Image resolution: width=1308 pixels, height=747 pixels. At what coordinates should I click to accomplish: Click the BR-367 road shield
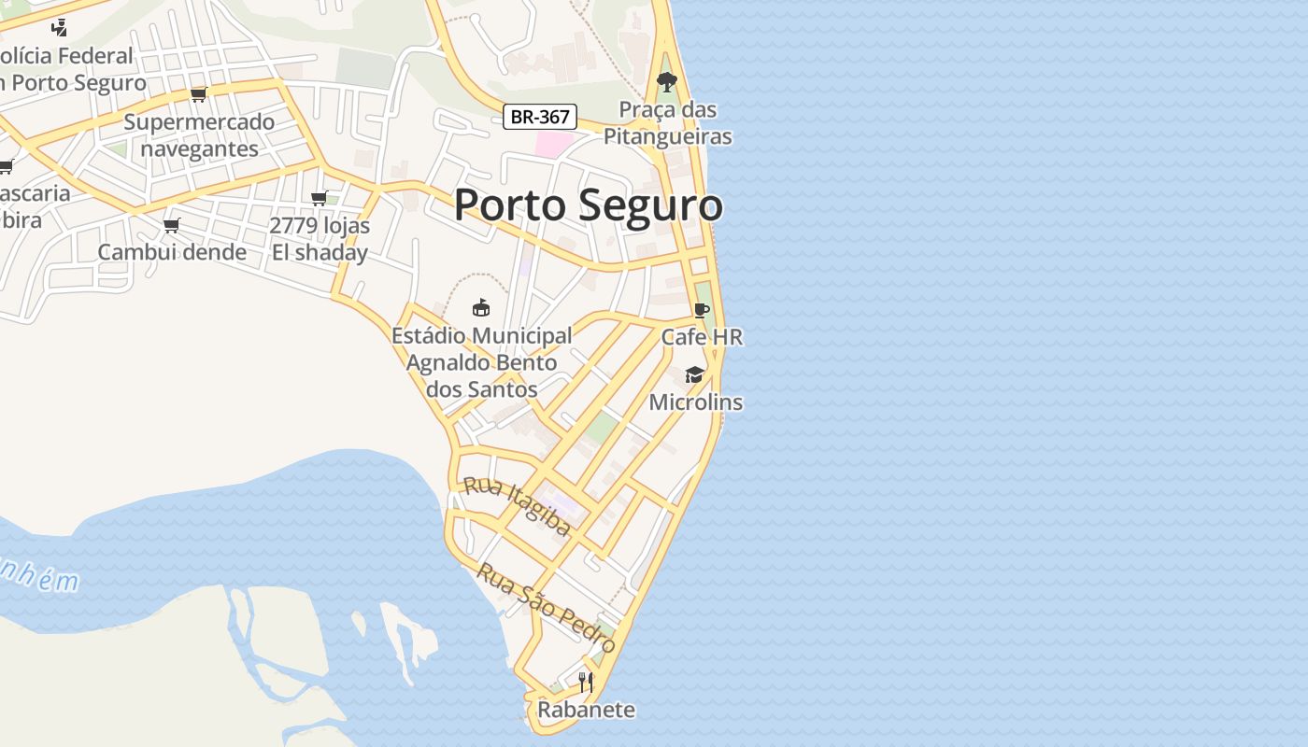click(x=540, y=118)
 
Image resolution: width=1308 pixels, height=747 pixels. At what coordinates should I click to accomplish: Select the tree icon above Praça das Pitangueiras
click(x=666, y=83)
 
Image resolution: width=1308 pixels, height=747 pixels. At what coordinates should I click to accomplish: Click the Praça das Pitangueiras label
click(x=667, y=123)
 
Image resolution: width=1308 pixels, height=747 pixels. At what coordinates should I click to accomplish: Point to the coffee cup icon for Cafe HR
click(x=702, y=311)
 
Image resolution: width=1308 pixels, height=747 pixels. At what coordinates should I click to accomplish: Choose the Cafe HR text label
click(x=702, y=337)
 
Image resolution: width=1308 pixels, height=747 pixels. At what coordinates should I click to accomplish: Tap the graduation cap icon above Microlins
click(x=694, y=375)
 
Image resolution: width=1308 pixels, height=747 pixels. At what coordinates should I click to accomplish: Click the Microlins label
click(x=696, y=402)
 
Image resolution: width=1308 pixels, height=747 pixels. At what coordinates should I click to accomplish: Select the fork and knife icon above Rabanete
click(x=586, y=683)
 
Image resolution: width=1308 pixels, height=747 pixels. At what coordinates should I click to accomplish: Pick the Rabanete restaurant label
click(x=586, y=710)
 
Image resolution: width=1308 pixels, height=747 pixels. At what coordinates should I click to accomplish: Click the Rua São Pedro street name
click(x=546, y=609)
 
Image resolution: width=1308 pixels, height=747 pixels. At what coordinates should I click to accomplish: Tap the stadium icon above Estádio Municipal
click(x=481, y=307)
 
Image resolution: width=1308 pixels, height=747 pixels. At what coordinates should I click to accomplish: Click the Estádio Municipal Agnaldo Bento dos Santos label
click(x=481, y=362)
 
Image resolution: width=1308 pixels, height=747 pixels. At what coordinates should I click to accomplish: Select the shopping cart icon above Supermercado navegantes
click(x=198, y=94)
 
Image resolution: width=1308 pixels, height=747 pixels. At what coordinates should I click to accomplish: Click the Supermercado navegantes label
click(x=199, y=135)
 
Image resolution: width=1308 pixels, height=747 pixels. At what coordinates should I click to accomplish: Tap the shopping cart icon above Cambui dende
click(x=172, y=225)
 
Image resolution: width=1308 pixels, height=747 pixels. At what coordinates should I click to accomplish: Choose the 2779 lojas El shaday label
click(x=320, y=239)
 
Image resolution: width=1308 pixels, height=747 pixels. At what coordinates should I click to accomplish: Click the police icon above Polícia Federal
click(x=59, y=27)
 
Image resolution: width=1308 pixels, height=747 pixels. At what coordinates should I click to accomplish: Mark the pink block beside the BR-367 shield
click(x=553, y=144)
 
